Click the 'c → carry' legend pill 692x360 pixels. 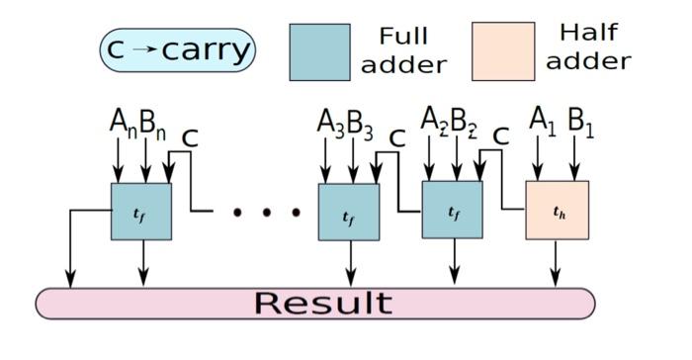177,49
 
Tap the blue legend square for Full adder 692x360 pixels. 319,51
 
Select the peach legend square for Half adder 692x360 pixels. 503,51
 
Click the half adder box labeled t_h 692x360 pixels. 557,210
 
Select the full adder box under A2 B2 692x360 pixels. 452,210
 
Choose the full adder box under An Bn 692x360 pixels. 141,211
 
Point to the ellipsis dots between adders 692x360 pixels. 267,212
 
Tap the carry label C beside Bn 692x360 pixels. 190,137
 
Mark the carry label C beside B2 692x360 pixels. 501,137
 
